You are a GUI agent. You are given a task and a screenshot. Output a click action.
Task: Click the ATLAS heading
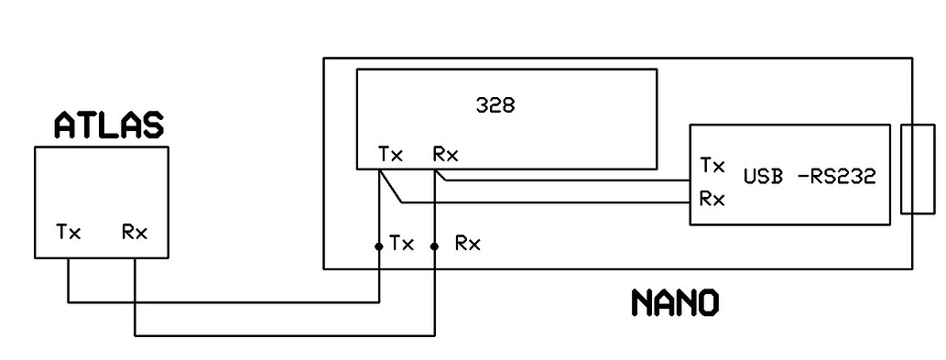click(108, 125)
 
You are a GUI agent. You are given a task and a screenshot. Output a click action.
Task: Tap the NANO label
click(675, 303)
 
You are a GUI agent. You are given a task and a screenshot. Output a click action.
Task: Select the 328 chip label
click(495, 105)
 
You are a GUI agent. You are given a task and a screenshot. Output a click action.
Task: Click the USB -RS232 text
click(810, 176)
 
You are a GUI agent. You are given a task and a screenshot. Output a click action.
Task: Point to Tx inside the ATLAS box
click(69, 233)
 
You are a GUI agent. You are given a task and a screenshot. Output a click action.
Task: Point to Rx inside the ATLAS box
click(135, 233)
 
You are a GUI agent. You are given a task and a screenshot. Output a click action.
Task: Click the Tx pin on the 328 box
click(390, 155)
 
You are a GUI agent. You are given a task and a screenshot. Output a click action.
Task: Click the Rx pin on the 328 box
click(446, 155)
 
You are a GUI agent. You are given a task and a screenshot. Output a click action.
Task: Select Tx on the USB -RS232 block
click(712, 166)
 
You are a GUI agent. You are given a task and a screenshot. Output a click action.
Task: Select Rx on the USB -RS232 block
click(712, 197)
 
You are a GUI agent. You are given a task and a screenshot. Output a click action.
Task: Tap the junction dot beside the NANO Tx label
click(378, 245)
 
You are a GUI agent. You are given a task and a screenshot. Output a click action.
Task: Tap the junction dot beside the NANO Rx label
click(434, 245)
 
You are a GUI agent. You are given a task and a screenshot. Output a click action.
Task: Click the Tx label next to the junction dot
click(402, 244)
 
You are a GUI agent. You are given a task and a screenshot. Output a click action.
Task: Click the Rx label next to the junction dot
click(467, 244)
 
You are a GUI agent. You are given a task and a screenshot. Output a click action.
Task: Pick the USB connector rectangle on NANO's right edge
click(917, 169)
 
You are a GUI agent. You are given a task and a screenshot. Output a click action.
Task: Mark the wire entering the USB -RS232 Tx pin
click(568, 180)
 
